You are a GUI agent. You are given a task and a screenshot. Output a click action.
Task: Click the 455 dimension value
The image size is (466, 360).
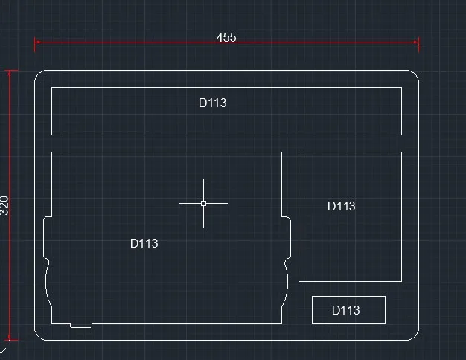point(226,37)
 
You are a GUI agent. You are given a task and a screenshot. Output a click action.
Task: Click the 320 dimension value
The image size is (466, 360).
point(5,205)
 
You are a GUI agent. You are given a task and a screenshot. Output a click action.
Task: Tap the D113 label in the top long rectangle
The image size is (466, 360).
point(212,103)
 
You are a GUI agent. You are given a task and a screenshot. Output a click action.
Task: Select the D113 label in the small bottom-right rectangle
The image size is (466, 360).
point(345,310)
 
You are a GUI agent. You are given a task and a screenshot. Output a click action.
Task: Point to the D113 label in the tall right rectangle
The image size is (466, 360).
point(342,206)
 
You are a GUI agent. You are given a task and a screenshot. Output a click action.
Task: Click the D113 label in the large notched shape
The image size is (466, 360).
point(144,243)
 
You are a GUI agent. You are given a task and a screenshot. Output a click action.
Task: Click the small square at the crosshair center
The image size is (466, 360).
point(203,202)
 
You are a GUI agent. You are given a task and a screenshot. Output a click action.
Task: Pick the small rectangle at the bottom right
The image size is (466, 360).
point(348,309)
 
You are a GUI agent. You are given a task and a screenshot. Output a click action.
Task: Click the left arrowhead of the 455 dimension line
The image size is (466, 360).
point(37,42)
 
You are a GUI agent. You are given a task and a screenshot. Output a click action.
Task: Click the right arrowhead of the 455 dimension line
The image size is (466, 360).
point(417,42)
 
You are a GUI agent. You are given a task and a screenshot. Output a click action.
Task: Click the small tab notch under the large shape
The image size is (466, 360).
point(81,325)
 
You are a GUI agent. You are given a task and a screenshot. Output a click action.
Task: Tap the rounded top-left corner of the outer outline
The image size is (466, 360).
point(39,74)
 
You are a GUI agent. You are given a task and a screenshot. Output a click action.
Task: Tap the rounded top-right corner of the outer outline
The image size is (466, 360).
point(415,74)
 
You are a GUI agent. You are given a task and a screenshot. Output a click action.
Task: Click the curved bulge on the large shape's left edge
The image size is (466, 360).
point(47,286)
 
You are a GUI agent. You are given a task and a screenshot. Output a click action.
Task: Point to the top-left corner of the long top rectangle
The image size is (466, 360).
point(51,88)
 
